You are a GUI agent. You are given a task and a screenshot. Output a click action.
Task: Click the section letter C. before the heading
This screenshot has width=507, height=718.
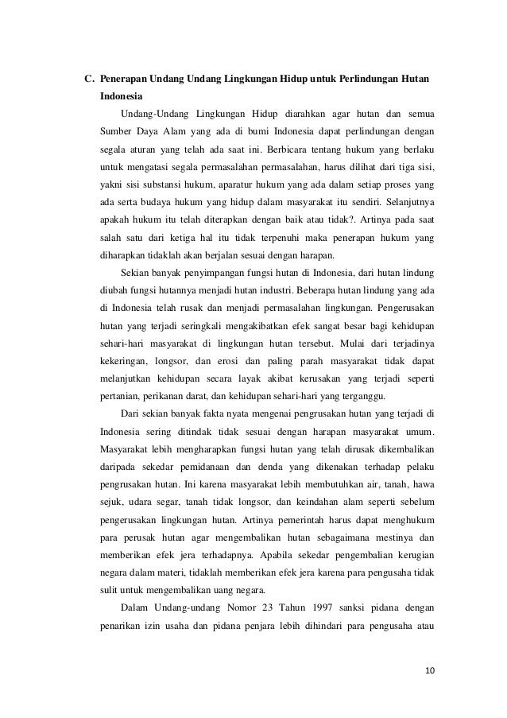pos(90,80)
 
